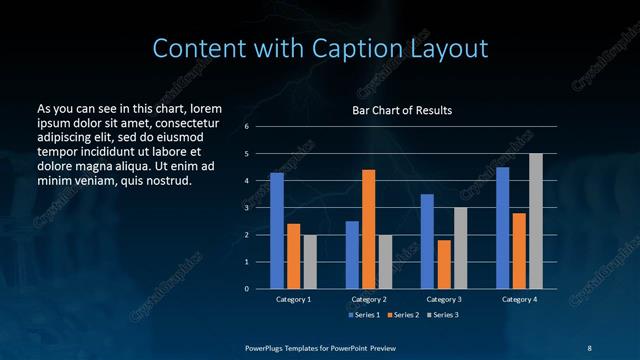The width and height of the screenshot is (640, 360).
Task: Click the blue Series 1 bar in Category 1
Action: coord(277,231)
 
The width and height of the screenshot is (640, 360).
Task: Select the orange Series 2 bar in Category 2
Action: coord(369,229)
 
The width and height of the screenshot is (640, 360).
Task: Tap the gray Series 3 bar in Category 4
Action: coord(536,221)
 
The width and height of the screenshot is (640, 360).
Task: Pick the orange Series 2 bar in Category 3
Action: coord(444,264)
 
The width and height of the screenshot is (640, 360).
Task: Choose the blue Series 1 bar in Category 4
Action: coord(503,228)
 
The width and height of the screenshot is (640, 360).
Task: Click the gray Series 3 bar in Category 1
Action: coord(310,261)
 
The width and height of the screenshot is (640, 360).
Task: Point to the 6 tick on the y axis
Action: coord(246,127)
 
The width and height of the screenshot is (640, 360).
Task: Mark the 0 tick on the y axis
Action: coord(246,289)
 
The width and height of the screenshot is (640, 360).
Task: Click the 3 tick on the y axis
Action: coord(246,208)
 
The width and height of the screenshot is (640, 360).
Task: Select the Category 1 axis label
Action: coord(293,299)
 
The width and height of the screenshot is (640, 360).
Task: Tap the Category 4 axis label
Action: coord(519,299)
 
